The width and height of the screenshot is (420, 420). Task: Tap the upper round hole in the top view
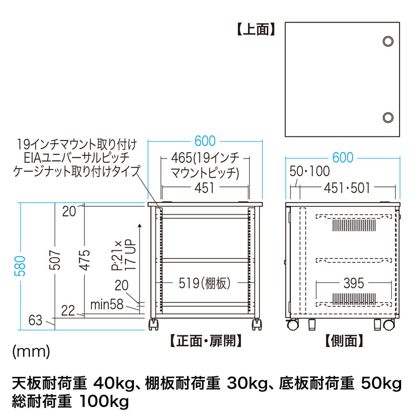[x=388, y=41]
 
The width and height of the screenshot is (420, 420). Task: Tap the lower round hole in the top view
[x=388, y=117]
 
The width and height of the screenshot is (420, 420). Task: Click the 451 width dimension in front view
[x=205, y=188]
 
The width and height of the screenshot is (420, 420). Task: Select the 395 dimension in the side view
[x=353, y=284]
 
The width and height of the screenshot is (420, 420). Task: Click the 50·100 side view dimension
[x=309, y=171]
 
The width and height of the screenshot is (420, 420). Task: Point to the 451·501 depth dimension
[x=347, y=188]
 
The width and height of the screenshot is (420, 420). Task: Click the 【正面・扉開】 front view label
[x=205, y=341]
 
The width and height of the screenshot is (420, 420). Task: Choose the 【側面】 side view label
[x=344, y=341]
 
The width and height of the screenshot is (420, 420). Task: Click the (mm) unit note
[x=31, y=351]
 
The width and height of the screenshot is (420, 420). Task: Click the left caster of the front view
[x=154, y=324]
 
